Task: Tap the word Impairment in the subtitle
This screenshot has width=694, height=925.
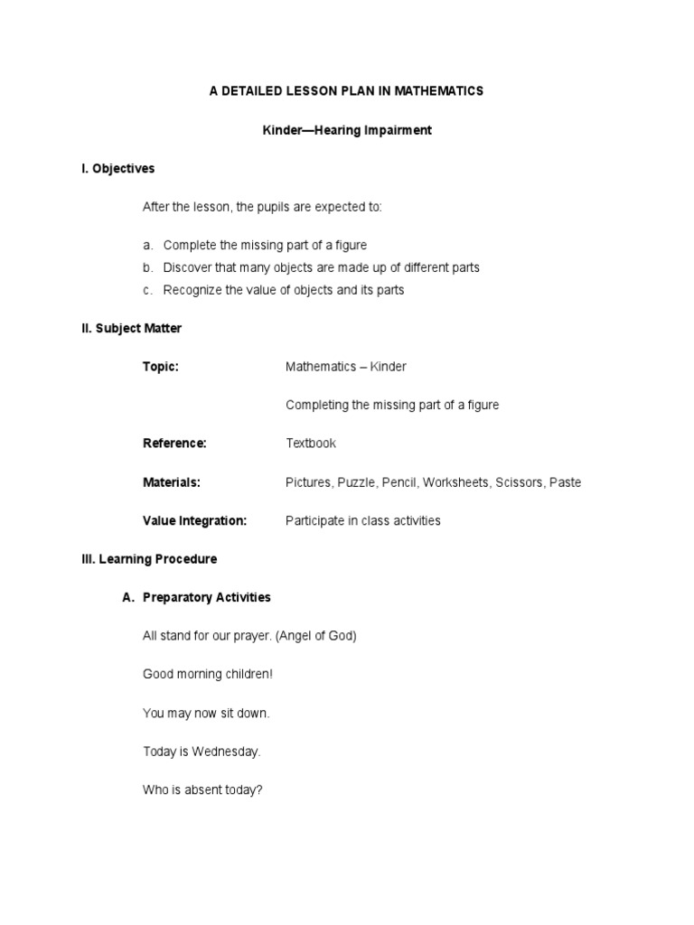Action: pos(395,130)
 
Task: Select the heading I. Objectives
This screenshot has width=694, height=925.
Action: pos(118,169)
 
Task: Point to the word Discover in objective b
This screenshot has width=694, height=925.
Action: pos(187,268)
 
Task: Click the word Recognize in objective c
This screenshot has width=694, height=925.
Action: pos(193,291)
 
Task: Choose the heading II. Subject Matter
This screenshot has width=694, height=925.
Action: pos(132,329)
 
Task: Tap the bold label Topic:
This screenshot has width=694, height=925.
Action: pos(161,367)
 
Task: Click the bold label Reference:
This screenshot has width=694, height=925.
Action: pos(175,444)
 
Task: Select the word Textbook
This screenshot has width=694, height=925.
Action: pos(311,444)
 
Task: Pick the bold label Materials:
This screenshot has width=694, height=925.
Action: pos(172,482)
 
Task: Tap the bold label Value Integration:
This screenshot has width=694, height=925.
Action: pos(194,521)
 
